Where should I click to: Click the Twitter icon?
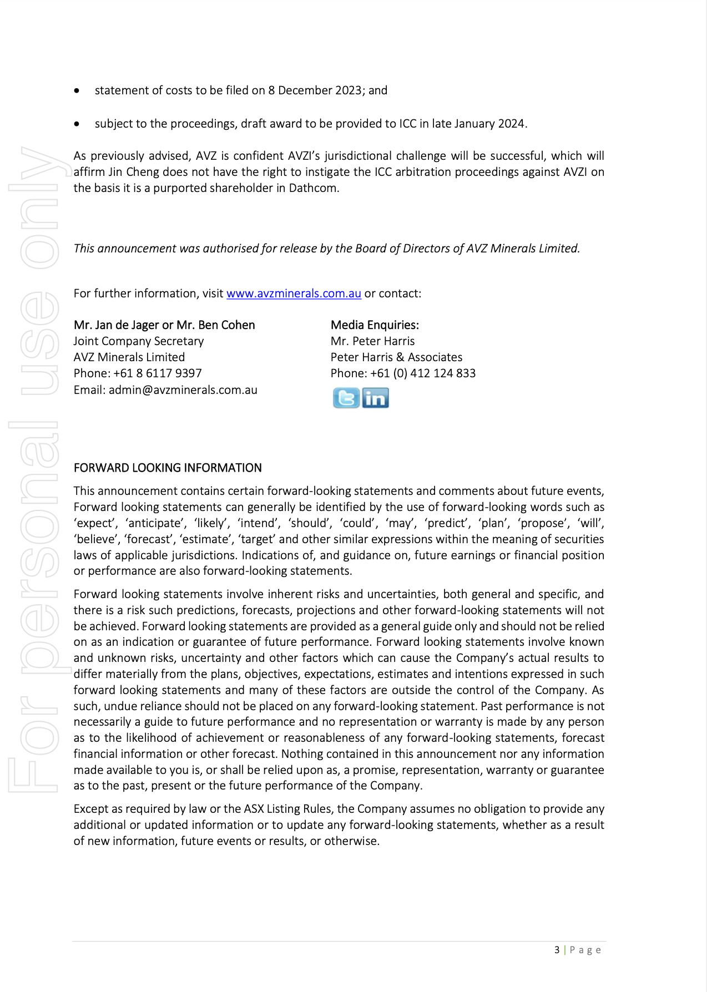(x=346, y=398)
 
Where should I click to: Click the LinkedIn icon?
(x=376, y=398)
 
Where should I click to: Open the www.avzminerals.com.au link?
(x=294, y=293)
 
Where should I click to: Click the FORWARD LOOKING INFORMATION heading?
(x=168, y=468)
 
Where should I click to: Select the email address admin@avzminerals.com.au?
(x=183, y=390)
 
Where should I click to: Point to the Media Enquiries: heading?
(x=375, y=325)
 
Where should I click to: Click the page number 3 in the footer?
(x=557, y=950)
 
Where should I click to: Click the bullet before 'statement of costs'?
(x=77, y=90)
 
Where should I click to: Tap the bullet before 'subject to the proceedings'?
(x=77, y=124)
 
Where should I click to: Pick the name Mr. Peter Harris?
(x=372, y=341)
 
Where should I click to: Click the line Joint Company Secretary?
(x=139, y=341)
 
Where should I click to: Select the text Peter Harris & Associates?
(x=396, y=357)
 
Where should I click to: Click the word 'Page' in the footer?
(x=585, y=950)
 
